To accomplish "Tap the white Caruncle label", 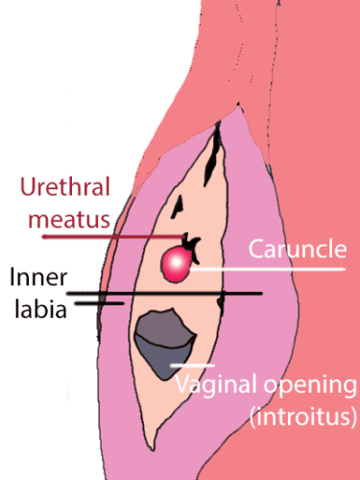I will pyautogui.click(x=297, y=251).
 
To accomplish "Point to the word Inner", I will pyautogui.click(x=38, y=278).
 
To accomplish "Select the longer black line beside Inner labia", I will pyautogui.click(x=163, y=293).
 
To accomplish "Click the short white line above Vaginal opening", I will pyautogui.click(x=192, y=366).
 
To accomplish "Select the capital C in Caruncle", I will pyautogui.click(x=256, y=251).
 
